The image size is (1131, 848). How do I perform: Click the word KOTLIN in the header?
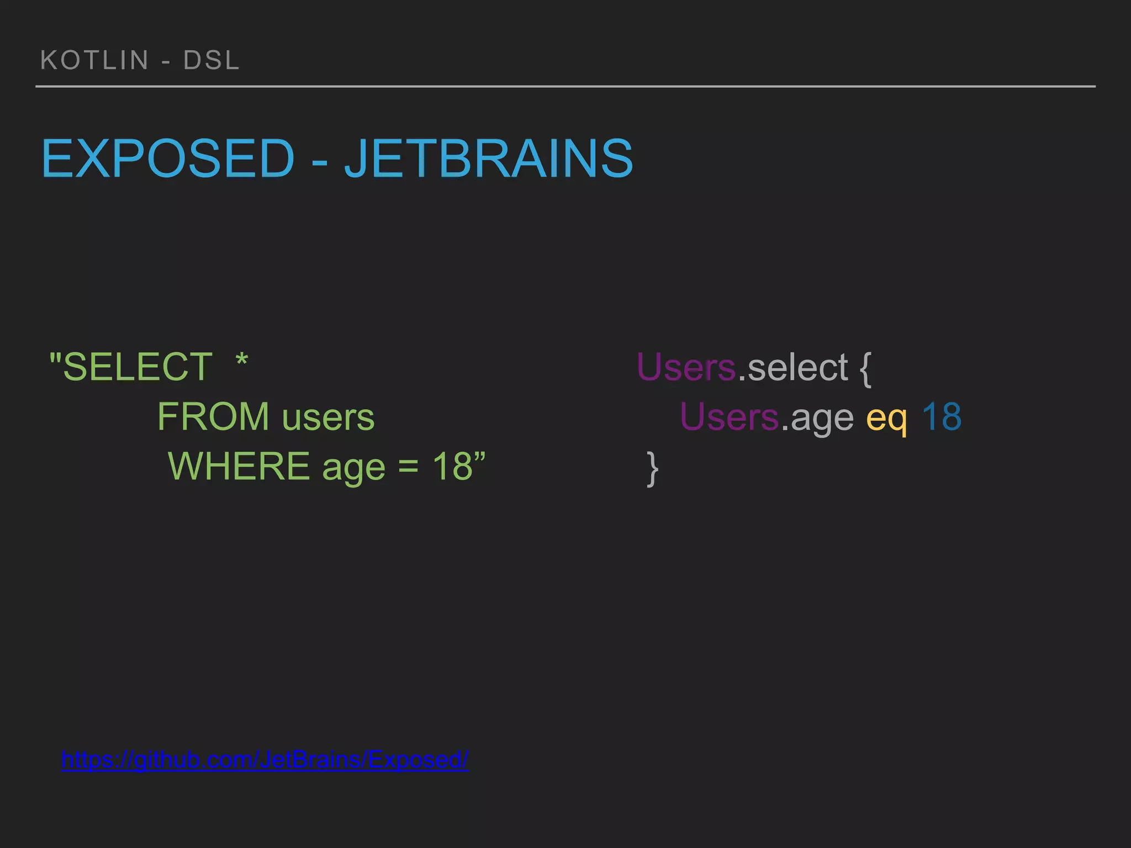[x=94, y=60]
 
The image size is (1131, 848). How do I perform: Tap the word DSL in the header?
[x=212, y=60]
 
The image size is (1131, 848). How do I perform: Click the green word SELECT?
[x=138, y=367]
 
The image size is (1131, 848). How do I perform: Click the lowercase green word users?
[x=328, y=417]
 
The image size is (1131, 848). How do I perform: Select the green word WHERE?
[x=239, y=466]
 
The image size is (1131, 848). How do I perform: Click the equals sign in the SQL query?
[x=408, y=467]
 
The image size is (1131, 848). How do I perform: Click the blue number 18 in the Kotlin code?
[x=942, y=416]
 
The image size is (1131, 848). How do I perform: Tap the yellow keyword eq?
[x=886, y=418]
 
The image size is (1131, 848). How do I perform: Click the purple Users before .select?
[x=686, y=367]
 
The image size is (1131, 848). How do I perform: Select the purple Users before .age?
[x=730, y=416]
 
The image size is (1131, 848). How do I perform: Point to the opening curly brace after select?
[x=865, y=368]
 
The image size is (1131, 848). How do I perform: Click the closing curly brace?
[x=652, y=468]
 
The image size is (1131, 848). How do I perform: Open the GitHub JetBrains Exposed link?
[x=265, y=760]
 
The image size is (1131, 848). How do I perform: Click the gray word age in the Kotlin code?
[x=822, y=418]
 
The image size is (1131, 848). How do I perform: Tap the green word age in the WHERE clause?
[x=353, y=468]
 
